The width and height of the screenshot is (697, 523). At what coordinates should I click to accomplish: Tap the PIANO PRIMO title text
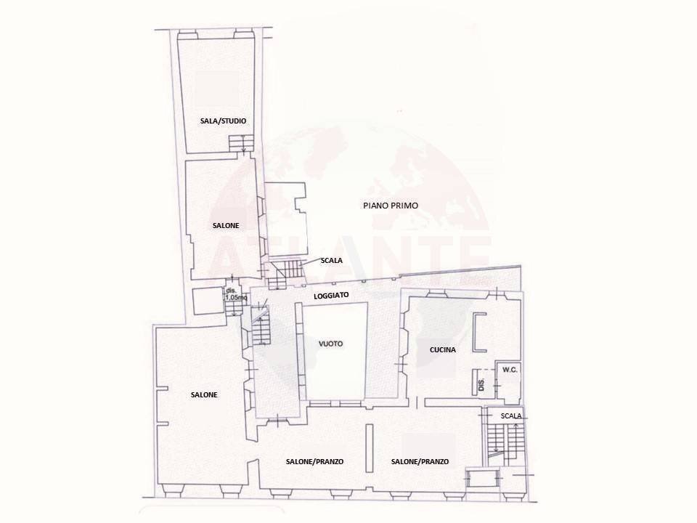(391, 206)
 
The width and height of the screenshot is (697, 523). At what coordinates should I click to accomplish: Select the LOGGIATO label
(332, 296)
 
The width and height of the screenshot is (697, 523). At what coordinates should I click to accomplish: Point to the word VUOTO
(330, 343)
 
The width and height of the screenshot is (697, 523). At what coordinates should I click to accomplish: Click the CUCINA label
(443, 350)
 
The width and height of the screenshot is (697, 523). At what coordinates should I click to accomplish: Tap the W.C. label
(509, 369)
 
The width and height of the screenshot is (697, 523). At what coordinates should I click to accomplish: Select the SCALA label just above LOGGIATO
(331, 260)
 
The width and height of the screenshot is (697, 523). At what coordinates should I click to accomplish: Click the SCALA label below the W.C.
(511, 415)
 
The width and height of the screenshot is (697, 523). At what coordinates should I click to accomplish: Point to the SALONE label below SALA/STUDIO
(226, 226)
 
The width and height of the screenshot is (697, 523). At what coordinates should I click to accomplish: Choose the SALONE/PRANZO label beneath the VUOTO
(314, 461)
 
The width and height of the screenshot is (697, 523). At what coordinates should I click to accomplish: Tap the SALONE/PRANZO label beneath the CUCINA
(420, 461)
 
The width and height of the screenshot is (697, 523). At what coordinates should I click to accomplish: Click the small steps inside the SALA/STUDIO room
(239, 142)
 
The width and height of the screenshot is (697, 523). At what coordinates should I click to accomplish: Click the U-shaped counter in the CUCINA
(478, 333)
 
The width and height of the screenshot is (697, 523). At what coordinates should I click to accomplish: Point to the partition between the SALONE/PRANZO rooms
(369, 448)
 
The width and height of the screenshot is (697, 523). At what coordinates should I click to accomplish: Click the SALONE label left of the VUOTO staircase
(204, 394)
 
